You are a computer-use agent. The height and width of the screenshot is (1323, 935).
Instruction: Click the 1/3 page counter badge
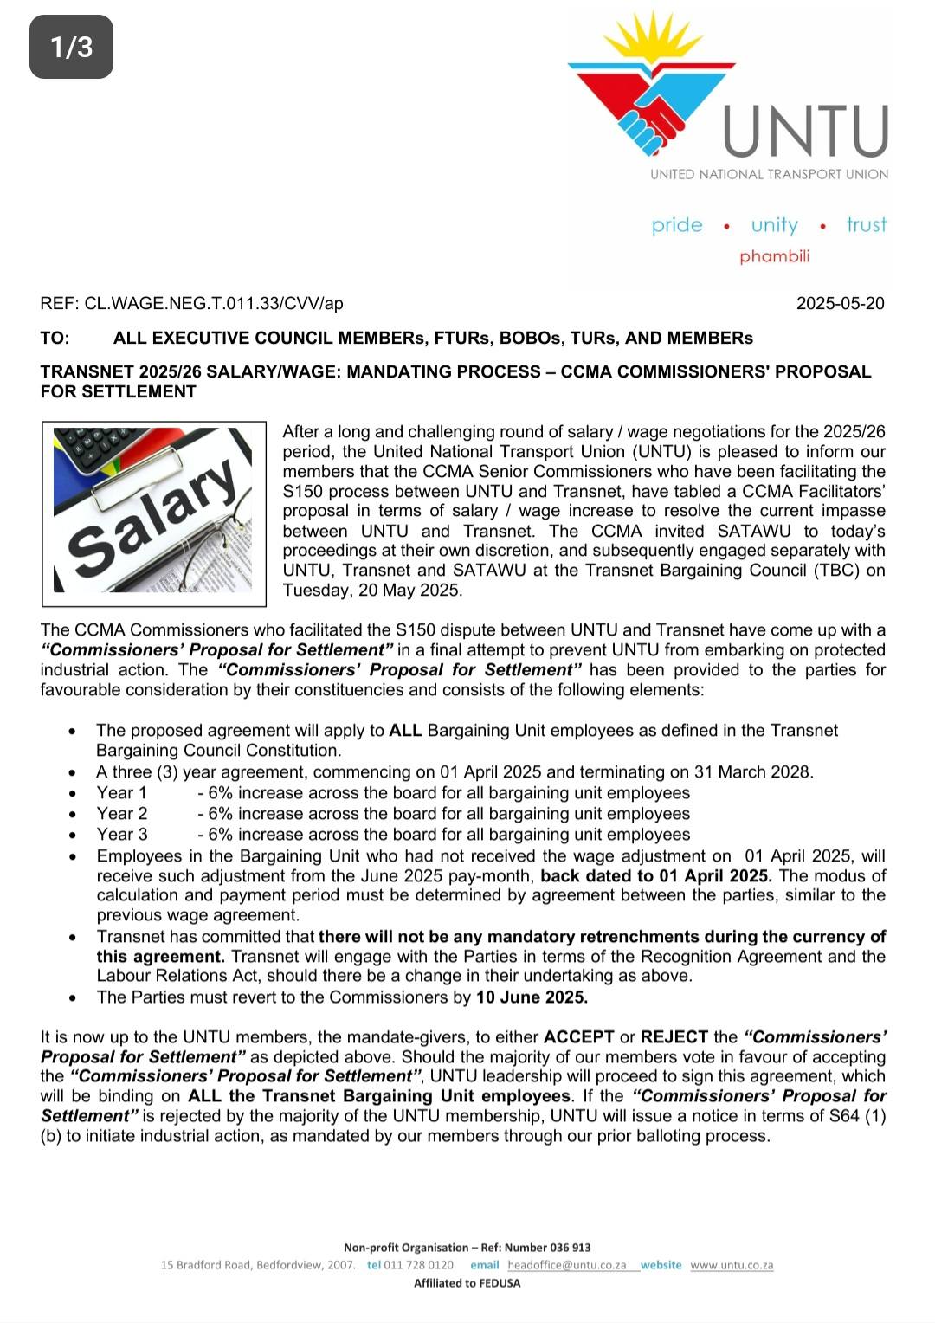point(71,47)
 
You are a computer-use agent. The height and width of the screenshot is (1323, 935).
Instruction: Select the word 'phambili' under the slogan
point(774,256)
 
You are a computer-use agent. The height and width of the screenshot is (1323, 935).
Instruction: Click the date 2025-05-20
point(840,303)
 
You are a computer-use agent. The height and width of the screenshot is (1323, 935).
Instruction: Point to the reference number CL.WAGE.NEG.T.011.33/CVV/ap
point(214,303)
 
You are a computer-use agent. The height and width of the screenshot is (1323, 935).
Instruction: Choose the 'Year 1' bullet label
point(122,793)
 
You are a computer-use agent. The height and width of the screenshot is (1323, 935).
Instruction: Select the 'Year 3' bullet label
point(122,835)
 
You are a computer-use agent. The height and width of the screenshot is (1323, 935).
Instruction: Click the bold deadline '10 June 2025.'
point(532,997)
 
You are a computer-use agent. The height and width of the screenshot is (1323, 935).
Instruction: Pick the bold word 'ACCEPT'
point(578,1037)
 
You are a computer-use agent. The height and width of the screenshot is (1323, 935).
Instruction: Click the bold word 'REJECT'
point(676,1037)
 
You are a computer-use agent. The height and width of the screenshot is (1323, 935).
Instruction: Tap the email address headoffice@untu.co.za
point(566,1265)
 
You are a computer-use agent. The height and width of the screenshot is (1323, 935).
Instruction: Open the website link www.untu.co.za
point(732,1265)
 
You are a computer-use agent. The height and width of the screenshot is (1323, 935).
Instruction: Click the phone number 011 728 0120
point(418,1265)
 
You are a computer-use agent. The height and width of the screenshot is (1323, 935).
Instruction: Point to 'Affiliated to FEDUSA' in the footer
point(467,1283)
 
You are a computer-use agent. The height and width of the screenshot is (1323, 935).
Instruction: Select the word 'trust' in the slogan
point(866,225)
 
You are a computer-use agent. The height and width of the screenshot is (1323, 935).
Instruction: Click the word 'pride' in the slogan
point(677,225)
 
